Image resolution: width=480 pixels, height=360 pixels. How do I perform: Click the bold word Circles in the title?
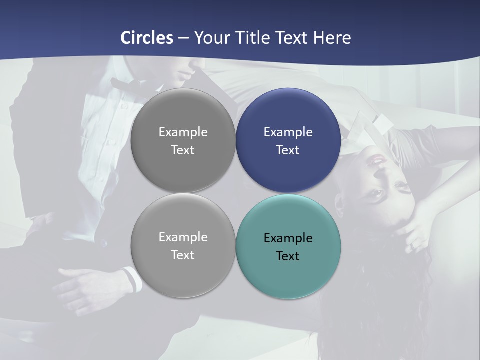point(147,38)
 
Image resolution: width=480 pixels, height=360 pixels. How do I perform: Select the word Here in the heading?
point(332,38)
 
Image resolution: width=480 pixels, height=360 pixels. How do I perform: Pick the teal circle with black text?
point(288,247)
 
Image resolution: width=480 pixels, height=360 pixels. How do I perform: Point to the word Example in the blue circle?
point(288,132)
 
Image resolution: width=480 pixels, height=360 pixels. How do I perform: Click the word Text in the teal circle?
point(288,256)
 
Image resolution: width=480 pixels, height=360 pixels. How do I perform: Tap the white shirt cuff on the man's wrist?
point(131,279)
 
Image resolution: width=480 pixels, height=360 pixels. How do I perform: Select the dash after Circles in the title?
point(183,38)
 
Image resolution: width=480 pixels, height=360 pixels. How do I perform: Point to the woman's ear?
point(340,205)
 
